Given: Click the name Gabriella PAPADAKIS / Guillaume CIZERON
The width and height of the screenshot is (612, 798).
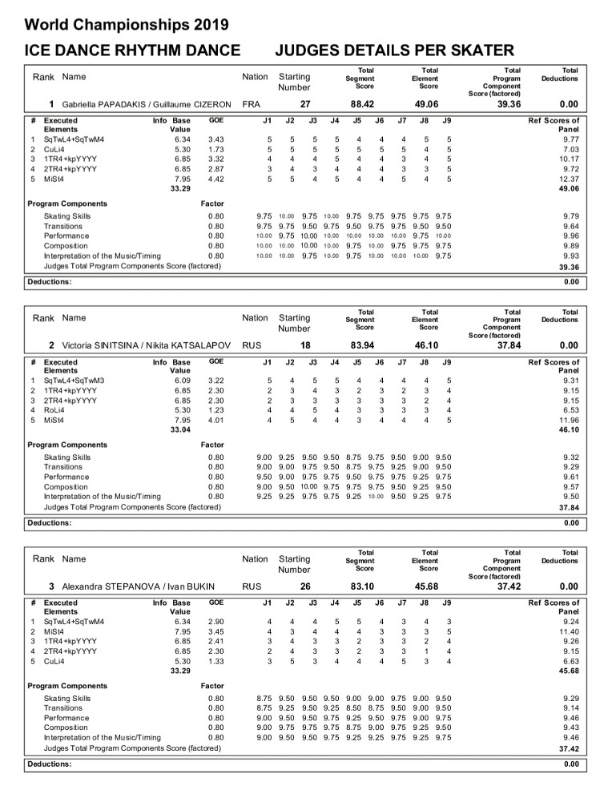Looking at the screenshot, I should (147, 104).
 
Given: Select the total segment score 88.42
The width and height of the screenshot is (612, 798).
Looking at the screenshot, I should (365, 104).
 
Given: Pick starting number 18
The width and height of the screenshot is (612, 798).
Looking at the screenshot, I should (305, 345).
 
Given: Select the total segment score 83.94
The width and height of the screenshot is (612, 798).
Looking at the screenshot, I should (365, 345).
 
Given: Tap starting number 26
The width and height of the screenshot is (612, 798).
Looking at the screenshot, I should (305, 586).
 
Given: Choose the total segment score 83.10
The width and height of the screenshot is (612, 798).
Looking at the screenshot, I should (365, 586).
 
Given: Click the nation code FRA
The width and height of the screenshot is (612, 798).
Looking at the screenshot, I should (251, 104).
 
